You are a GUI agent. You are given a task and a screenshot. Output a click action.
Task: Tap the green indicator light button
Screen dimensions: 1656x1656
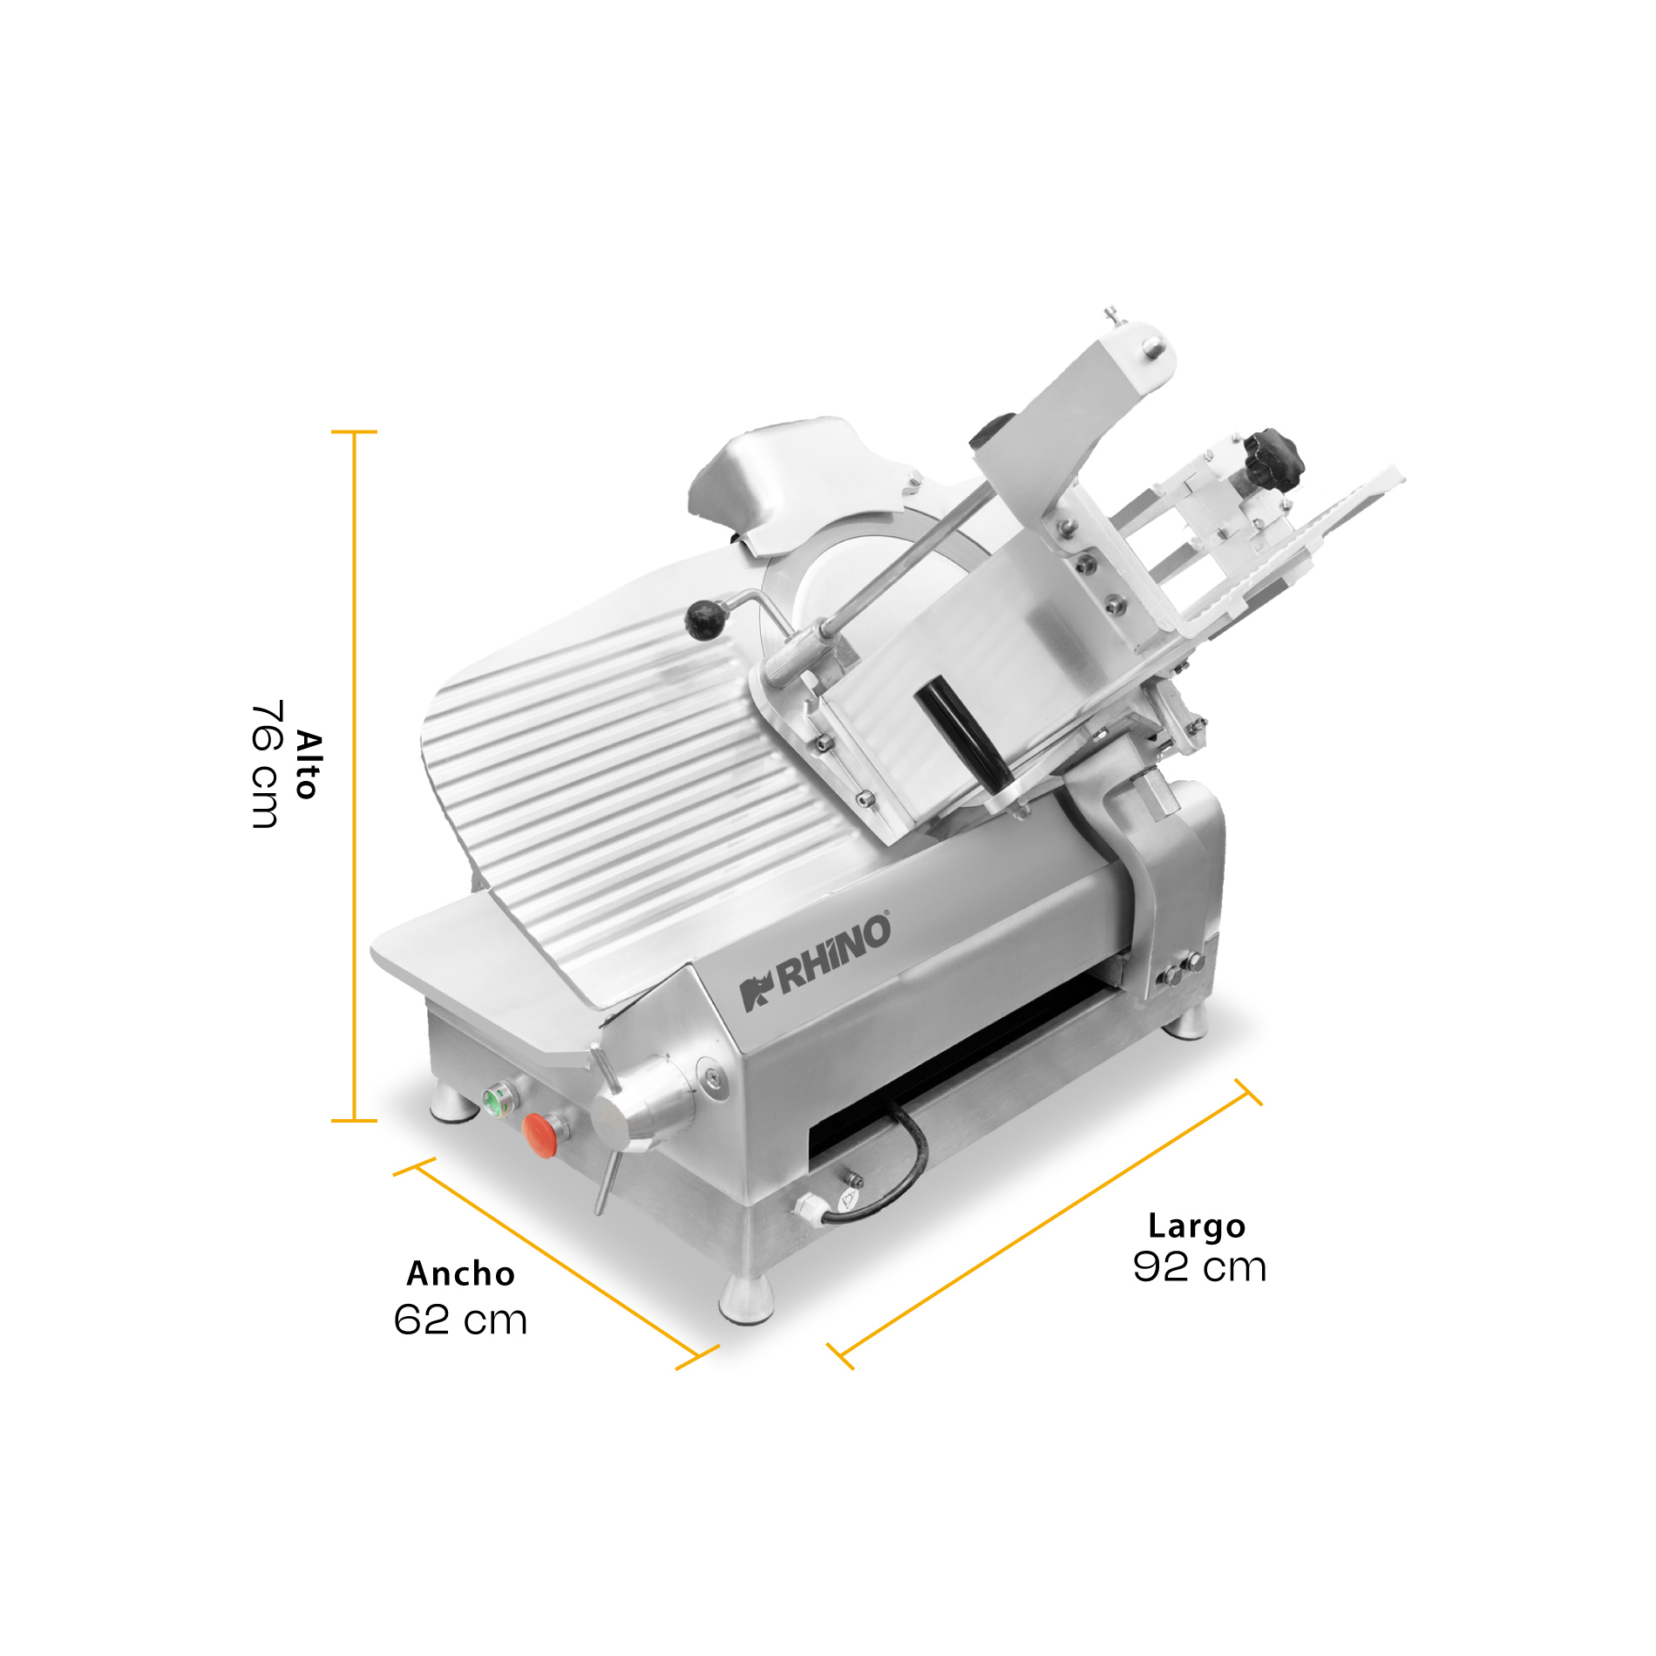click(494, 1101)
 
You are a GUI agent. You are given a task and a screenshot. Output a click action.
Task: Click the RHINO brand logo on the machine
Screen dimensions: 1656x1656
click(816, 962)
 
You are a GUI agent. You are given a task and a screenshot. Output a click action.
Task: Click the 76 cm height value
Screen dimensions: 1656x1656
click(265, 764)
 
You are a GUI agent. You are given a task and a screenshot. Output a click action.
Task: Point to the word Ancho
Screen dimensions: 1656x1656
click(461, 1273)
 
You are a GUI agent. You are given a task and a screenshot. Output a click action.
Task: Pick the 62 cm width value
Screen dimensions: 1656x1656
click(460, 1320)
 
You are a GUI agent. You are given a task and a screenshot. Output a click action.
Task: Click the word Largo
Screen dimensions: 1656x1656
click(1197, 1225)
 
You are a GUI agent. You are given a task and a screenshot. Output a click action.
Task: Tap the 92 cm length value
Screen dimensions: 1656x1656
click(1199, 1266)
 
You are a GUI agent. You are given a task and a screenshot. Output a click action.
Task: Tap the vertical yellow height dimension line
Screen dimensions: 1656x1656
click(354, 776)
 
